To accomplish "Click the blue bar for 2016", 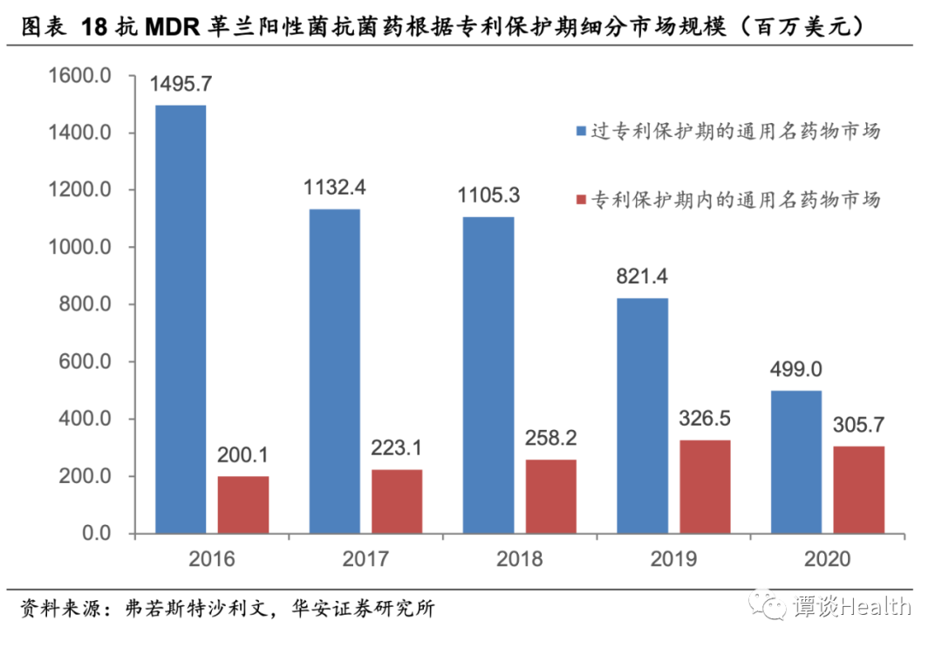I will (181, 319).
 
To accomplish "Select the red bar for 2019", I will (705, 487).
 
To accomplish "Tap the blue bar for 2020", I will (795, 461).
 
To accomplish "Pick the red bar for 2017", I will (397, 501).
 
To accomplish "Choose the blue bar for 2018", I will (488, 375).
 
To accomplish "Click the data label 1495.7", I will (181, 85).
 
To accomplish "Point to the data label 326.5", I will (705, 419).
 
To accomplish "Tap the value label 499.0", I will (795, 370).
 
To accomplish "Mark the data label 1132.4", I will (335, 188).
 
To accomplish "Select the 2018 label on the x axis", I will (520, 558).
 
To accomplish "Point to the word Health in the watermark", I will (876, 605).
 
